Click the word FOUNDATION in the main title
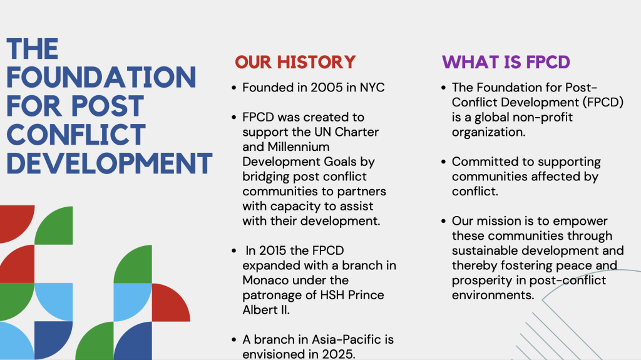pyautogui.click(x=101, y=77)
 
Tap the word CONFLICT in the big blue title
pyautogui.click(x=76, y=135)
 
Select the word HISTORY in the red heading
pyautogui.click(x=316, y=62)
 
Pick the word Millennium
pyautogui.click(x=299, y=147)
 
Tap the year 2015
pyautogui.click(x=273, y=250)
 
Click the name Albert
pyautogui.click(x=260, y=310)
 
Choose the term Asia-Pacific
pyautogui.click(x=341, y=339)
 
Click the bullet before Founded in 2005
pyautogui.click(x=234, y=88)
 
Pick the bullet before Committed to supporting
pyautogui.click(x=444, y=162)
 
